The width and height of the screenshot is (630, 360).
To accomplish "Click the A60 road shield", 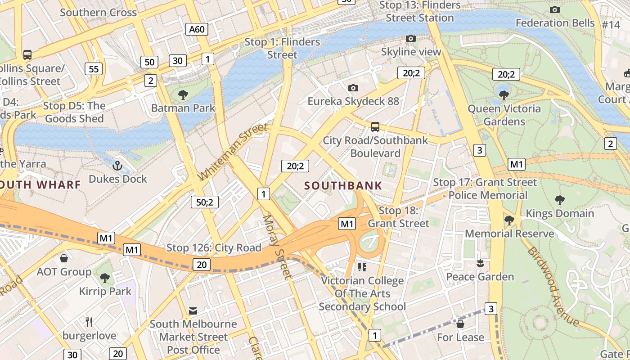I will (197, 30).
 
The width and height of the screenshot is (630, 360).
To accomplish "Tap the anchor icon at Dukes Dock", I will (117, 166).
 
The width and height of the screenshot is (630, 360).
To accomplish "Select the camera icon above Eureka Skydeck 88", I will (353, 88).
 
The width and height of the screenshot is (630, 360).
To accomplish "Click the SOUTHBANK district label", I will (343, 185).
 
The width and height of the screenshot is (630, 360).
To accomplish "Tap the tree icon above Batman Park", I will (183, 94).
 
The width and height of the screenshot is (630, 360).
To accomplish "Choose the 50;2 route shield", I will (204, 202).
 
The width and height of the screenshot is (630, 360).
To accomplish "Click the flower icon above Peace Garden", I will (480, 263).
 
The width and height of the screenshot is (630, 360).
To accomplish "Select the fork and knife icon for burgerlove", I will (89, 322).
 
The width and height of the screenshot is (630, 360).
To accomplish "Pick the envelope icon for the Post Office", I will (193, 310).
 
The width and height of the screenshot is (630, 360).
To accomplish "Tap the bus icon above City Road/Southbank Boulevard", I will (375, 127).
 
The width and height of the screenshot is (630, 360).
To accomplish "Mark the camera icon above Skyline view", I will (411, 39).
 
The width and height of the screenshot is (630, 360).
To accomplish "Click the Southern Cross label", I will (98, 12).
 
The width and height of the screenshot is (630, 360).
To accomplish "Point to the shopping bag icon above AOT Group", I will (64, 258).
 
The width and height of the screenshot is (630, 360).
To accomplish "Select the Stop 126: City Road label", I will (214, 247).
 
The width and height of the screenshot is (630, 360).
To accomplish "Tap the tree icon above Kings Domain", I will (560, 200).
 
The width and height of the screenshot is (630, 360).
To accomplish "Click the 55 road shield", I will (94, 69).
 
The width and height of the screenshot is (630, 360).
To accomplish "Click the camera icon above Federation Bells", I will (555, 9).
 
